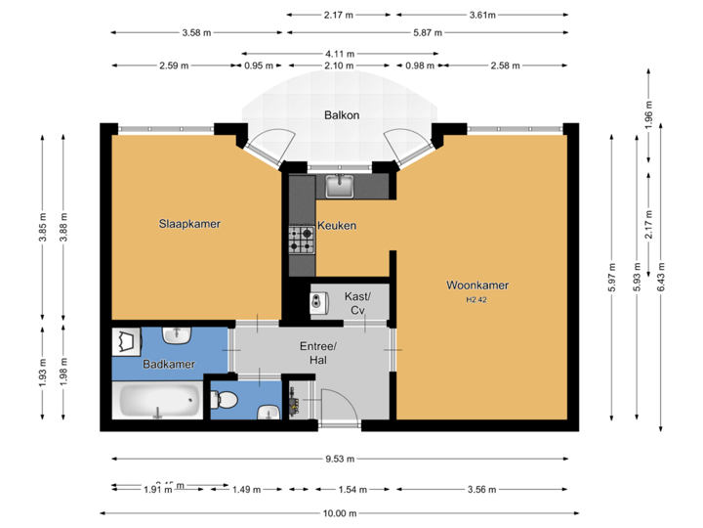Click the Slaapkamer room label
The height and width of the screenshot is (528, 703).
pyautogui.click(x=189, y=224)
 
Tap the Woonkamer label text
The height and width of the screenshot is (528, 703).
pyautogui.click(x=477, y=286)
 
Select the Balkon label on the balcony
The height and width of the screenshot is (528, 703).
pyautogui.click(x=342, y=115)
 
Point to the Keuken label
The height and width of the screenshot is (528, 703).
pyautogui.click(x=337, y=226)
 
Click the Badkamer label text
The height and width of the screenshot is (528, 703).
pyautogui.click(x=168, y=365)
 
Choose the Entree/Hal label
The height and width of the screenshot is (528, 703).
pyautogui.click(x=317, y=353)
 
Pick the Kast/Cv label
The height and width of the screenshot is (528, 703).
pyautogui.click(x=357, y=303)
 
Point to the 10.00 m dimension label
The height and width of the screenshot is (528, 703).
pyautogui.click(x=341, y=513)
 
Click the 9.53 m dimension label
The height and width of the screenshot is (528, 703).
pyautogui.click(x=341, y=458)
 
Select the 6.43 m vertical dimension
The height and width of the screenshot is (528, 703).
pyautogui.click(x=662, y=277)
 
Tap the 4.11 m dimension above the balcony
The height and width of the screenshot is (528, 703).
pyautogui.click(x=339, y=53)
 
